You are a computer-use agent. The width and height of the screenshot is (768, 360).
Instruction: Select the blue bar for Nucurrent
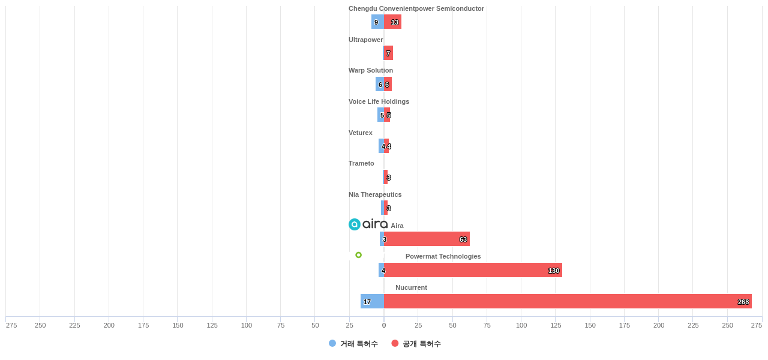373,301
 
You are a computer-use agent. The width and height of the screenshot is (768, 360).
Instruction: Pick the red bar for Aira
427,239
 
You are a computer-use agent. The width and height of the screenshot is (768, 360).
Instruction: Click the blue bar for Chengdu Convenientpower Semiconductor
377,22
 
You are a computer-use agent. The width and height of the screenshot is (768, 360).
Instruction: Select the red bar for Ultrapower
389,53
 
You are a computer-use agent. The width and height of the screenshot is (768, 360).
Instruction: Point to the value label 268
743,302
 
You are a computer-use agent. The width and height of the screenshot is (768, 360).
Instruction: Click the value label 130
554,271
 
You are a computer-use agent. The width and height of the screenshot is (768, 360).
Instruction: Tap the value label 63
463,239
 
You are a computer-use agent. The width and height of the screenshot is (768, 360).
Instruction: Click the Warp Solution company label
371,70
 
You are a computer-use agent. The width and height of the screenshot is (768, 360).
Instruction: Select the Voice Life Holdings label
379,101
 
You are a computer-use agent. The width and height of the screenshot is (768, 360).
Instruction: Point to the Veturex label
361,133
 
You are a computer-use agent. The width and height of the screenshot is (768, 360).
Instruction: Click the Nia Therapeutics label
375,194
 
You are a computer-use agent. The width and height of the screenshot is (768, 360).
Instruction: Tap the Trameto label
361,163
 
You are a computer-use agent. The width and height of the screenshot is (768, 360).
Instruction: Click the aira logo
368,224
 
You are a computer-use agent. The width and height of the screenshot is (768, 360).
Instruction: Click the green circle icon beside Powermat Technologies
359,255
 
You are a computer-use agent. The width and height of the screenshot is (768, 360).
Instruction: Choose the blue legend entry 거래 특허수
353,344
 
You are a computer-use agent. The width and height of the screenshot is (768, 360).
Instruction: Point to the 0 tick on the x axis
384,325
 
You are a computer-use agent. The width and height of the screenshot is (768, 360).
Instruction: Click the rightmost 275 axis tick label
756,325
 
